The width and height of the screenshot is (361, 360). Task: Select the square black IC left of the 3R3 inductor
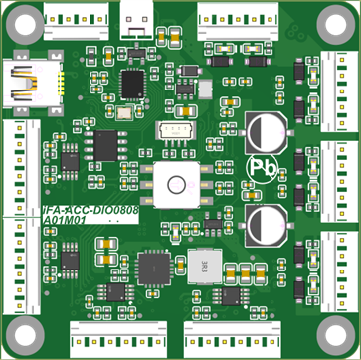(153, 266)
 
